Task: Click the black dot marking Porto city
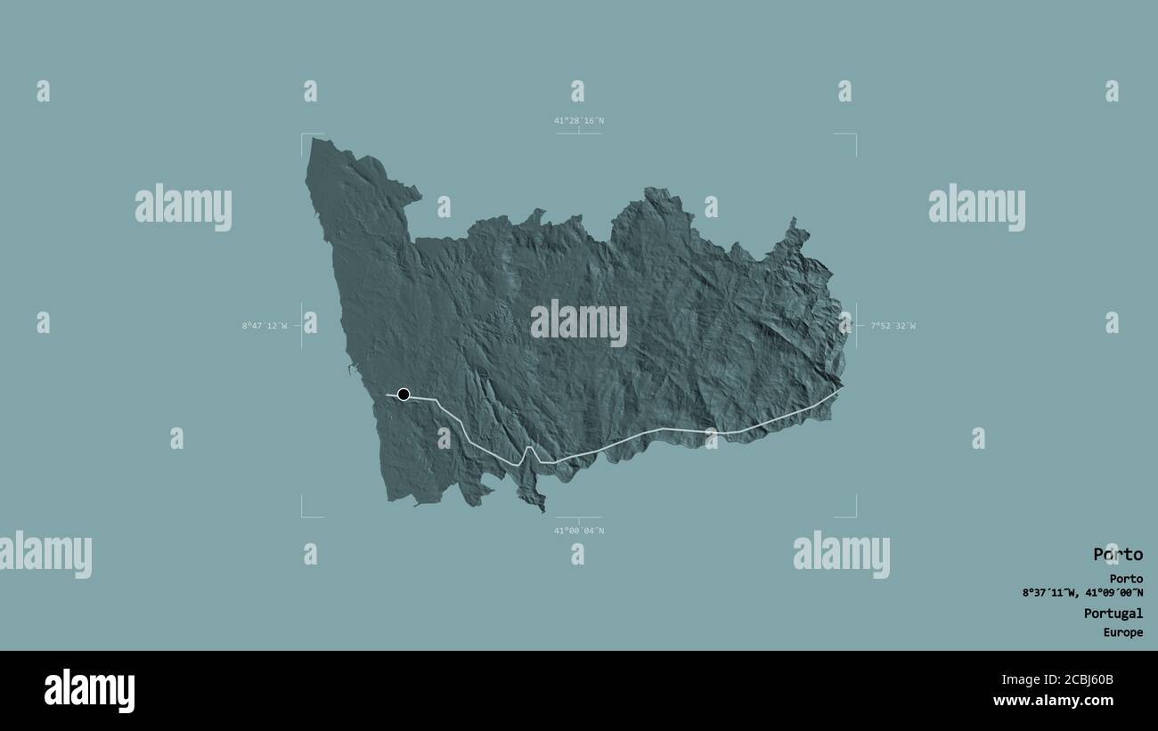(404, 394)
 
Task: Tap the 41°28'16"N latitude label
(578, 121)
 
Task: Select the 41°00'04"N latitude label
(578, 531)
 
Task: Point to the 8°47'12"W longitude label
(265, 326)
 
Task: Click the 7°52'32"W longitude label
(893, 326)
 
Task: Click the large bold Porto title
(1117, 555)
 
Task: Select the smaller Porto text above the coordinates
(1126, 579)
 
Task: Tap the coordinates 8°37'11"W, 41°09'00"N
(1082, 593)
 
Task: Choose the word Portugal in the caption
(1113, 613)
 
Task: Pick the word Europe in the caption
(1122, 633)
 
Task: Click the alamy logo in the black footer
(89, 691)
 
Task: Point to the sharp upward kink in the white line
(528, 449)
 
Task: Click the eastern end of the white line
(841, 388)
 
